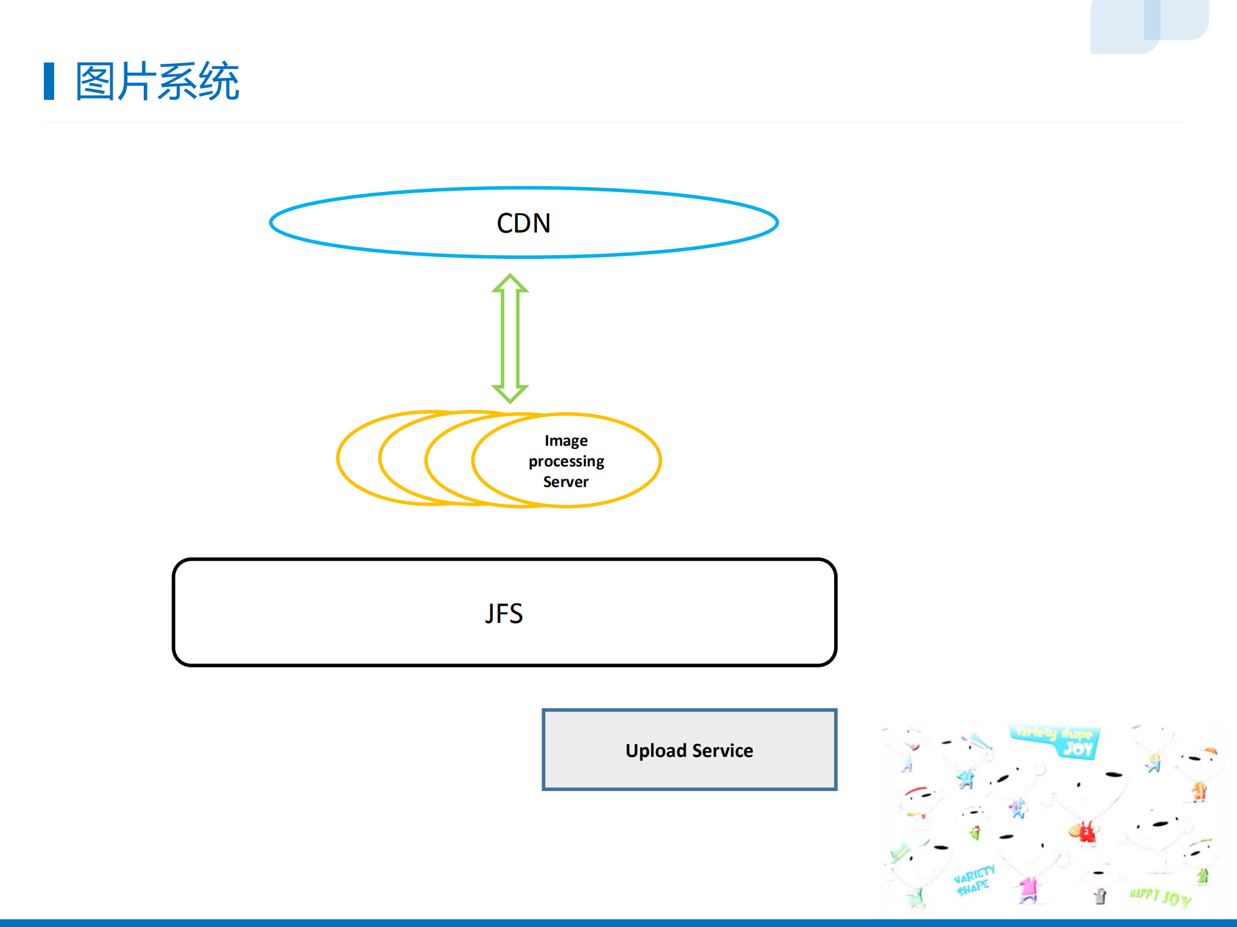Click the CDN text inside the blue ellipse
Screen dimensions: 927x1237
523,224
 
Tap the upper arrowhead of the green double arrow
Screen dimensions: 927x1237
510,284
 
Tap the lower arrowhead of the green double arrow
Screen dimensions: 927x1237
510,393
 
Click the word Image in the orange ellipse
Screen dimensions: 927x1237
566,441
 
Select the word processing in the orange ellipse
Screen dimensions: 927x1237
566,461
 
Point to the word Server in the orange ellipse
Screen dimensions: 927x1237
565,482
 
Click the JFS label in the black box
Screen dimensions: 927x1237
503,613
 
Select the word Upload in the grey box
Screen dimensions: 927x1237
656,750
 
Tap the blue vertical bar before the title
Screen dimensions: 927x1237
49,81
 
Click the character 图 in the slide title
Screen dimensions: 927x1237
95,82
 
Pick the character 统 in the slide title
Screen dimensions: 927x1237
219,82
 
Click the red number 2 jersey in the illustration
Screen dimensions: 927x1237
1087,832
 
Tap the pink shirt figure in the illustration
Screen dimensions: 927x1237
1028,888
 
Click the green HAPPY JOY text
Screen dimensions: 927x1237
1160,896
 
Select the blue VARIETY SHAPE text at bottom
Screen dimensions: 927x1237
973,880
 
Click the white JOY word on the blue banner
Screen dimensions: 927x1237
1078,748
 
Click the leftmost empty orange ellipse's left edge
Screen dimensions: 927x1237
338,458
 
